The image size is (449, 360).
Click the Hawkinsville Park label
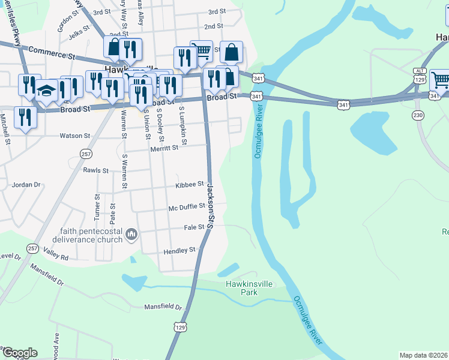point(241,288)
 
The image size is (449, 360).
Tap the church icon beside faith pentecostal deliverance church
point(131,233)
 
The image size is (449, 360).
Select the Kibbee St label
point(190,185)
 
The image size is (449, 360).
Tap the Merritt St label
point(164,148)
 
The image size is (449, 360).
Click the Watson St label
point(74,136)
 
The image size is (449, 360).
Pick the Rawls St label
point(96,170)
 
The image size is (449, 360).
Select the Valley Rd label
point(56,257)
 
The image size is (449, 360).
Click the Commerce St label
point(51,53)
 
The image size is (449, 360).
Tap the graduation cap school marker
point(46,91)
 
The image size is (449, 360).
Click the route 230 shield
point(418,115)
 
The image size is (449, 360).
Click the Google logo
point(19,353)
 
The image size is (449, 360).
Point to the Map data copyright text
point(423,355)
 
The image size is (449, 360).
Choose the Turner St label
point(97,206)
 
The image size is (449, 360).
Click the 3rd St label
point(216,11)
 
